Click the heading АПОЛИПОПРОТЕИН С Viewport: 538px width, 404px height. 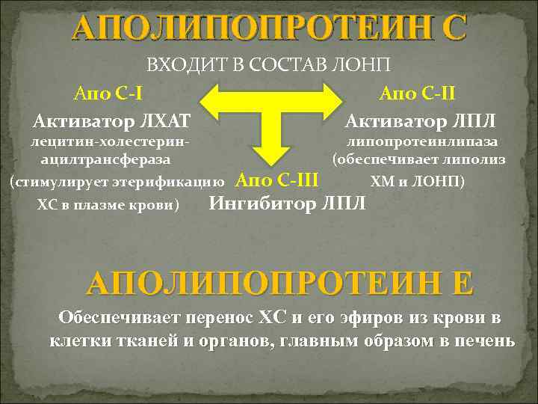pyautogui.click(x=269, y=29)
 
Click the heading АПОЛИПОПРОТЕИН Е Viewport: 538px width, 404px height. pyautogui.click(x=280, y=282)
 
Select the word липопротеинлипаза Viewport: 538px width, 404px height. pyautogui.click(x=422, y=141)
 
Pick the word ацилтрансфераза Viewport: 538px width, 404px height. pyautogui.click(x=105, y=159)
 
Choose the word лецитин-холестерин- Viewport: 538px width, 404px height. pyautogui.click(x=105, y=141)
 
